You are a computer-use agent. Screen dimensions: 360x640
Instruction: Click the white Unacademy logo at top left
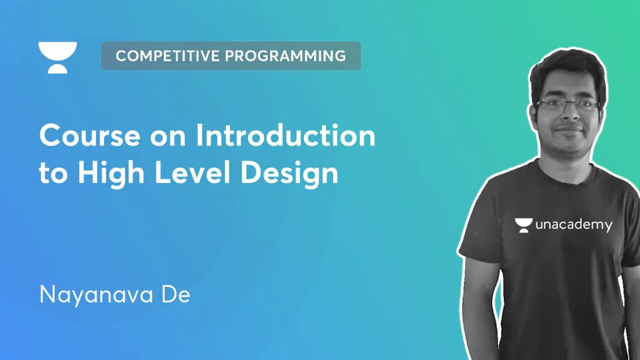[57, 57]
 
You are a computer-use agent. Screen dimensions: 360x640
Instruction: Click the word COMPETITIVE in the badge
[167, 56]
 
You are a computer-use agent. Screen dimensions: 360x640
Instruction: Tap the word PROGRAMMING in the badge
[286, 56]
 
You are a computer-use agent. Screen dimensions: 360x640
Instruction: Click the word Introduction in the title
[286, 136]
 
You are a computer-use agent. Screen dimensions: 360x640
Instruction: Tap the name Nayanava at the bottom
[94, 294]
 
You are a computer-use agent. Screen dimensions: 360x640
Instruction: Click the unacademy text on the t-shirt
[574, 225]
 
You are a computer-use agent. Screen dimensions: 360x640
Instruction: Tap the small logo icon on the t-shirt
[524, 225]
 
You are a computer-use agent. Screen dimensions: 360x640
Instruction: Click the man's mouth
[569, 129]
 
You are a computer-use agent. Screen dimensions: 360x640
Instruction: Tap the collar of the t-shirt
[566, 164]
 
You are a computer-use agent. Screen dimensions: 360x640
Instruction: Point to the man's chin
[569, 144]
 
